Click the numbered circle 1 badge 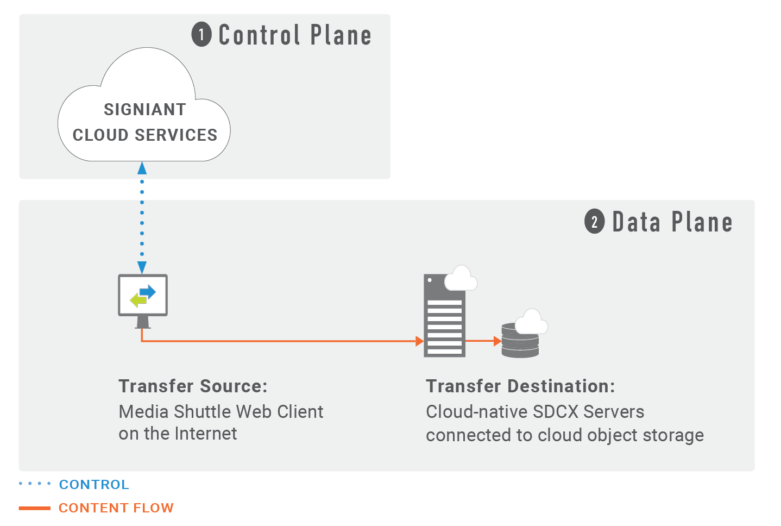tap(201, 35)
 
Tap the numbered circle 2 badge tap(594, 222)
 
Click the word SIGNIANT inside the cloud tap(145, 110)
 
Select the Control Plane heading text tap(295, 35)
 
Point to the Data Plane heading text tap(672, 222)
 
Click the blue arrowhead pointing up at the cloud tap(142, 168)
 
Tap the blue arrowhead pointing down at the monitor tap(142, 267)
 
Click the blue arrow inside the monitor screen tap(148, 292)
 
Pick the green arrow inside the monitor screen tap(138, 299)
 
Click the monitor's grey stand tap(143, 322)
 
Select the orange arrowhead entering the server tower tap(419, 341)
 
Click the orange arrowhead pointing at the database tap(497, 341)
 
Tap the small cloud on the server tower tap(461, 279)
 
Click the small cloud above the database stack tap(531, 322)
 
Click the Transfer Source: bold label tap(193, 386)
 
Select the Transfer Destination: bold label tap(520, 386)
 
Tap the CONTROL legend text tap(94, 484)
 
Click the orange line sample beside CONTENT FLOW tap(35, 508)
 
